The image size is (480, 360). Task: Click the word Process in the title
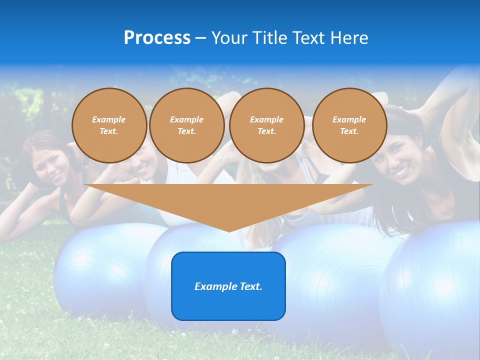coord(157,38)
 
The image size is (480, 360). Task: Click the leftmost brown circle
coord(109,125)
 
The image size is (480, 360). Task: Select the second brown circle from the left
coord(186,125)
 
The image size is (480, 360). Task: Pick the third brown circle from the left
coord(266,125)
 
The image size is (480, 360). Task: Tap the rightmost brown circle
coord(349,125)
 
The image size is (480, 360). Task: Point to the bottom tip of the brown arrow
coord(228,231)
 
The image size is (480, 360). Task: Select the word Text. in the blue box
coord(248,286)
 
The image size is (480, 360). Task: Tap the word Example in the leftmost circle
coord(109,119)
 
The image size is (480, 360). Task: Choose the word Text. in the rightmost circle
coord(349,131)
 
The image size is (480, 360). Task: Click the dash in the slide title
coord(201,38)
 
